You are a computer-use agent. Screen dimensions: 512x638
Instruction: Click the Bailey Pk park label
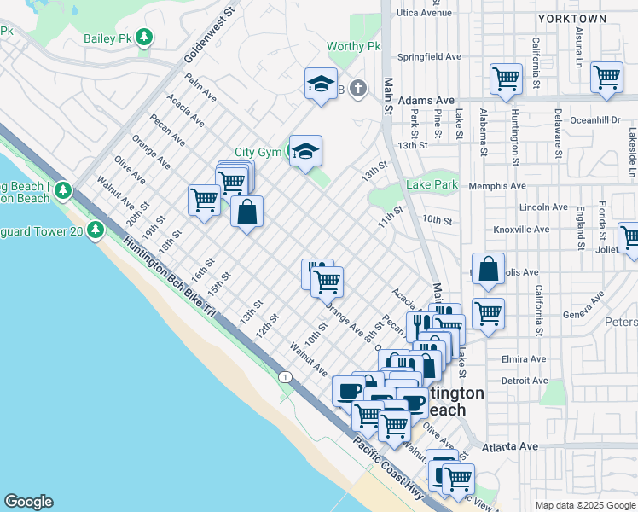tap(108, 38)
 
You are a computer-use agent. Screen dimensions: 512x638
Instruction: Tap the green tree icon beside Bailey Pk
tap(146, 37)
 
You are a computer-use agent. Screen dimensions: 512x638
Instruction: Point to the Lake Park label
tap(432, 184)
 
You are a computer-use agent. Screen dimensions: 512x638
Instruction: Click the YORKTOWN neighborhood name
tap(572, 18)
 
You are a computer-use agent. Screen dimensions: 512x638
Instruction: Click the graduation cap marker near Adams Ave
tap(321, 84)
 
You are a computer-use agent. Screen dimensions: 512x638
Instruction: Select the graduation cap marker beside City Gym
tap(304, 151)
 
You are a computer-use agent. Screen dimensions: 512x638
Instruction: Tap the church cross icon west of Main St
tap(358, 88)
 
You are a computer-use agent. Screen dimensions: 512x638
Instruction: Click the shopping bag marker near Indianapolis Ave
tap(488, 270)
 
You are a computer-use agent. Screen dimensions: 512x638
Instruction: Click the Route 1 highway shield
tap(282, 375)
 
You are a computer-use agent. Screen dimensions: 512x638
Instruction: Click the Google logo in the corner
tap(28, 502)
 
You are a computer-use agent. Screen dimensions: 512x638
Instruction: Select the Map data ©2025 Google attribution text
tap(585, 505)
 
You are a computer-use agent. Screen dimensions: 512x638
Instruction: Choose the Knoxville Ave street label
tap(522, 230)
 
